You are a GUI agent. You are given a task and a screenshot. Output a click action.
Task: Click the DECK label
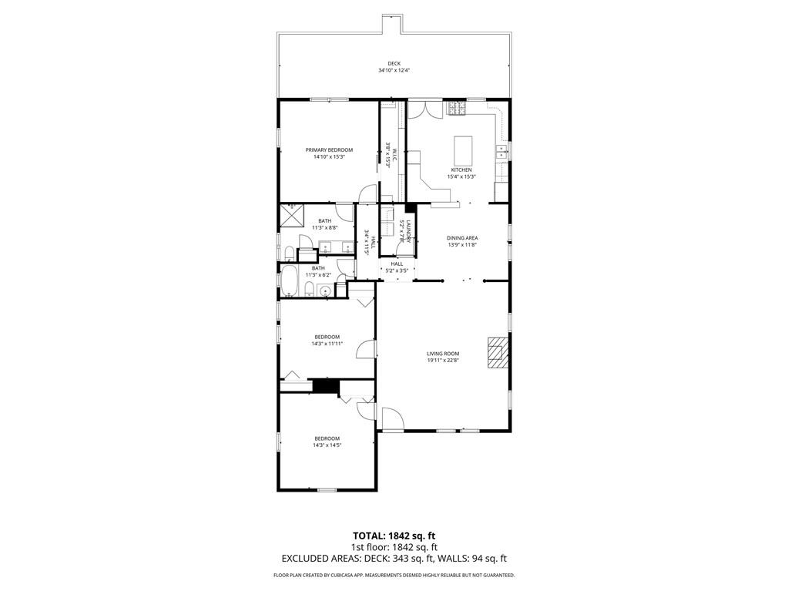click(394, 64)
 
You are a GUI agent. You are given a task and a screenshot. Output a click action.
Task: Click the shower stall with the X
click(291, 217)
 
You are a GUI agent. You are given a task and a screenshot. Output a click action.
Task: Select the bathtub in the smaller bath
click(290, 281)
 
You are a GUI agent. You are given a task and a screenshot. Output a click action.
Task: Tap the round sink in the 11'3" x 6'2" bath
click(325, 291)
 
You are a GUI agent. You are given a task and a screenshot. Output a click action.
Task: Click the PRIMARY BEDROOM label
click(329, 149)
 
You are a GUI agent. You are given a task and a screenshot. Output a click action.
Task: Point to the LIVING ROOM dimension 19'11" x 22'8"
click(443, 360)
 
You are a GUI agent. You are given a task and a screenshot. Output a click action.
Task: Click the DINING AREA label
click(462, 238)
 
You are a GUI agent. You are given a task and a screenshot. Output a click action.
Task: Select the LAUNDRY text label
click(409, 231)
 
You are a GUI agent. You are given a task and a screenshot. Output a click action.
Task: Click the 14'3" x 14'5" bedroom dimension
click(327, 445)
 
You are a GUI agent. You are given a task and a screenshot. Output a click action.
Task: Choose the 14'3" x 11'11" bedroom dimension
click(327, 344)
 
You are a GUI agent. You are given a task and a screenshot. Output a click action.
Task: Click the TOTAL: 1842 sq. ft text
click(394, 536)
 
